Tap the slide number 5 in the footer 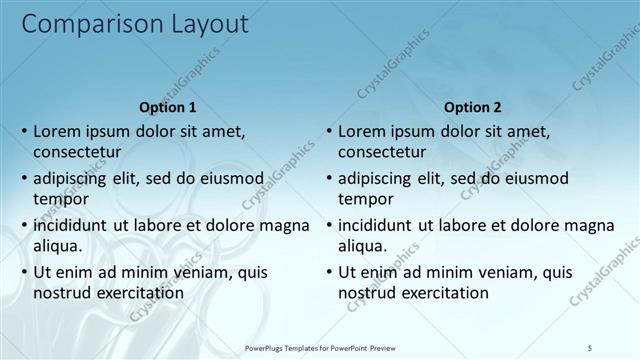click(x=590, y=346)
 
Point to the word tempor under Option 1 click(x=59, y=200)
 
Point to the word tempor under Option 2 click(x=364, y=200)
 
